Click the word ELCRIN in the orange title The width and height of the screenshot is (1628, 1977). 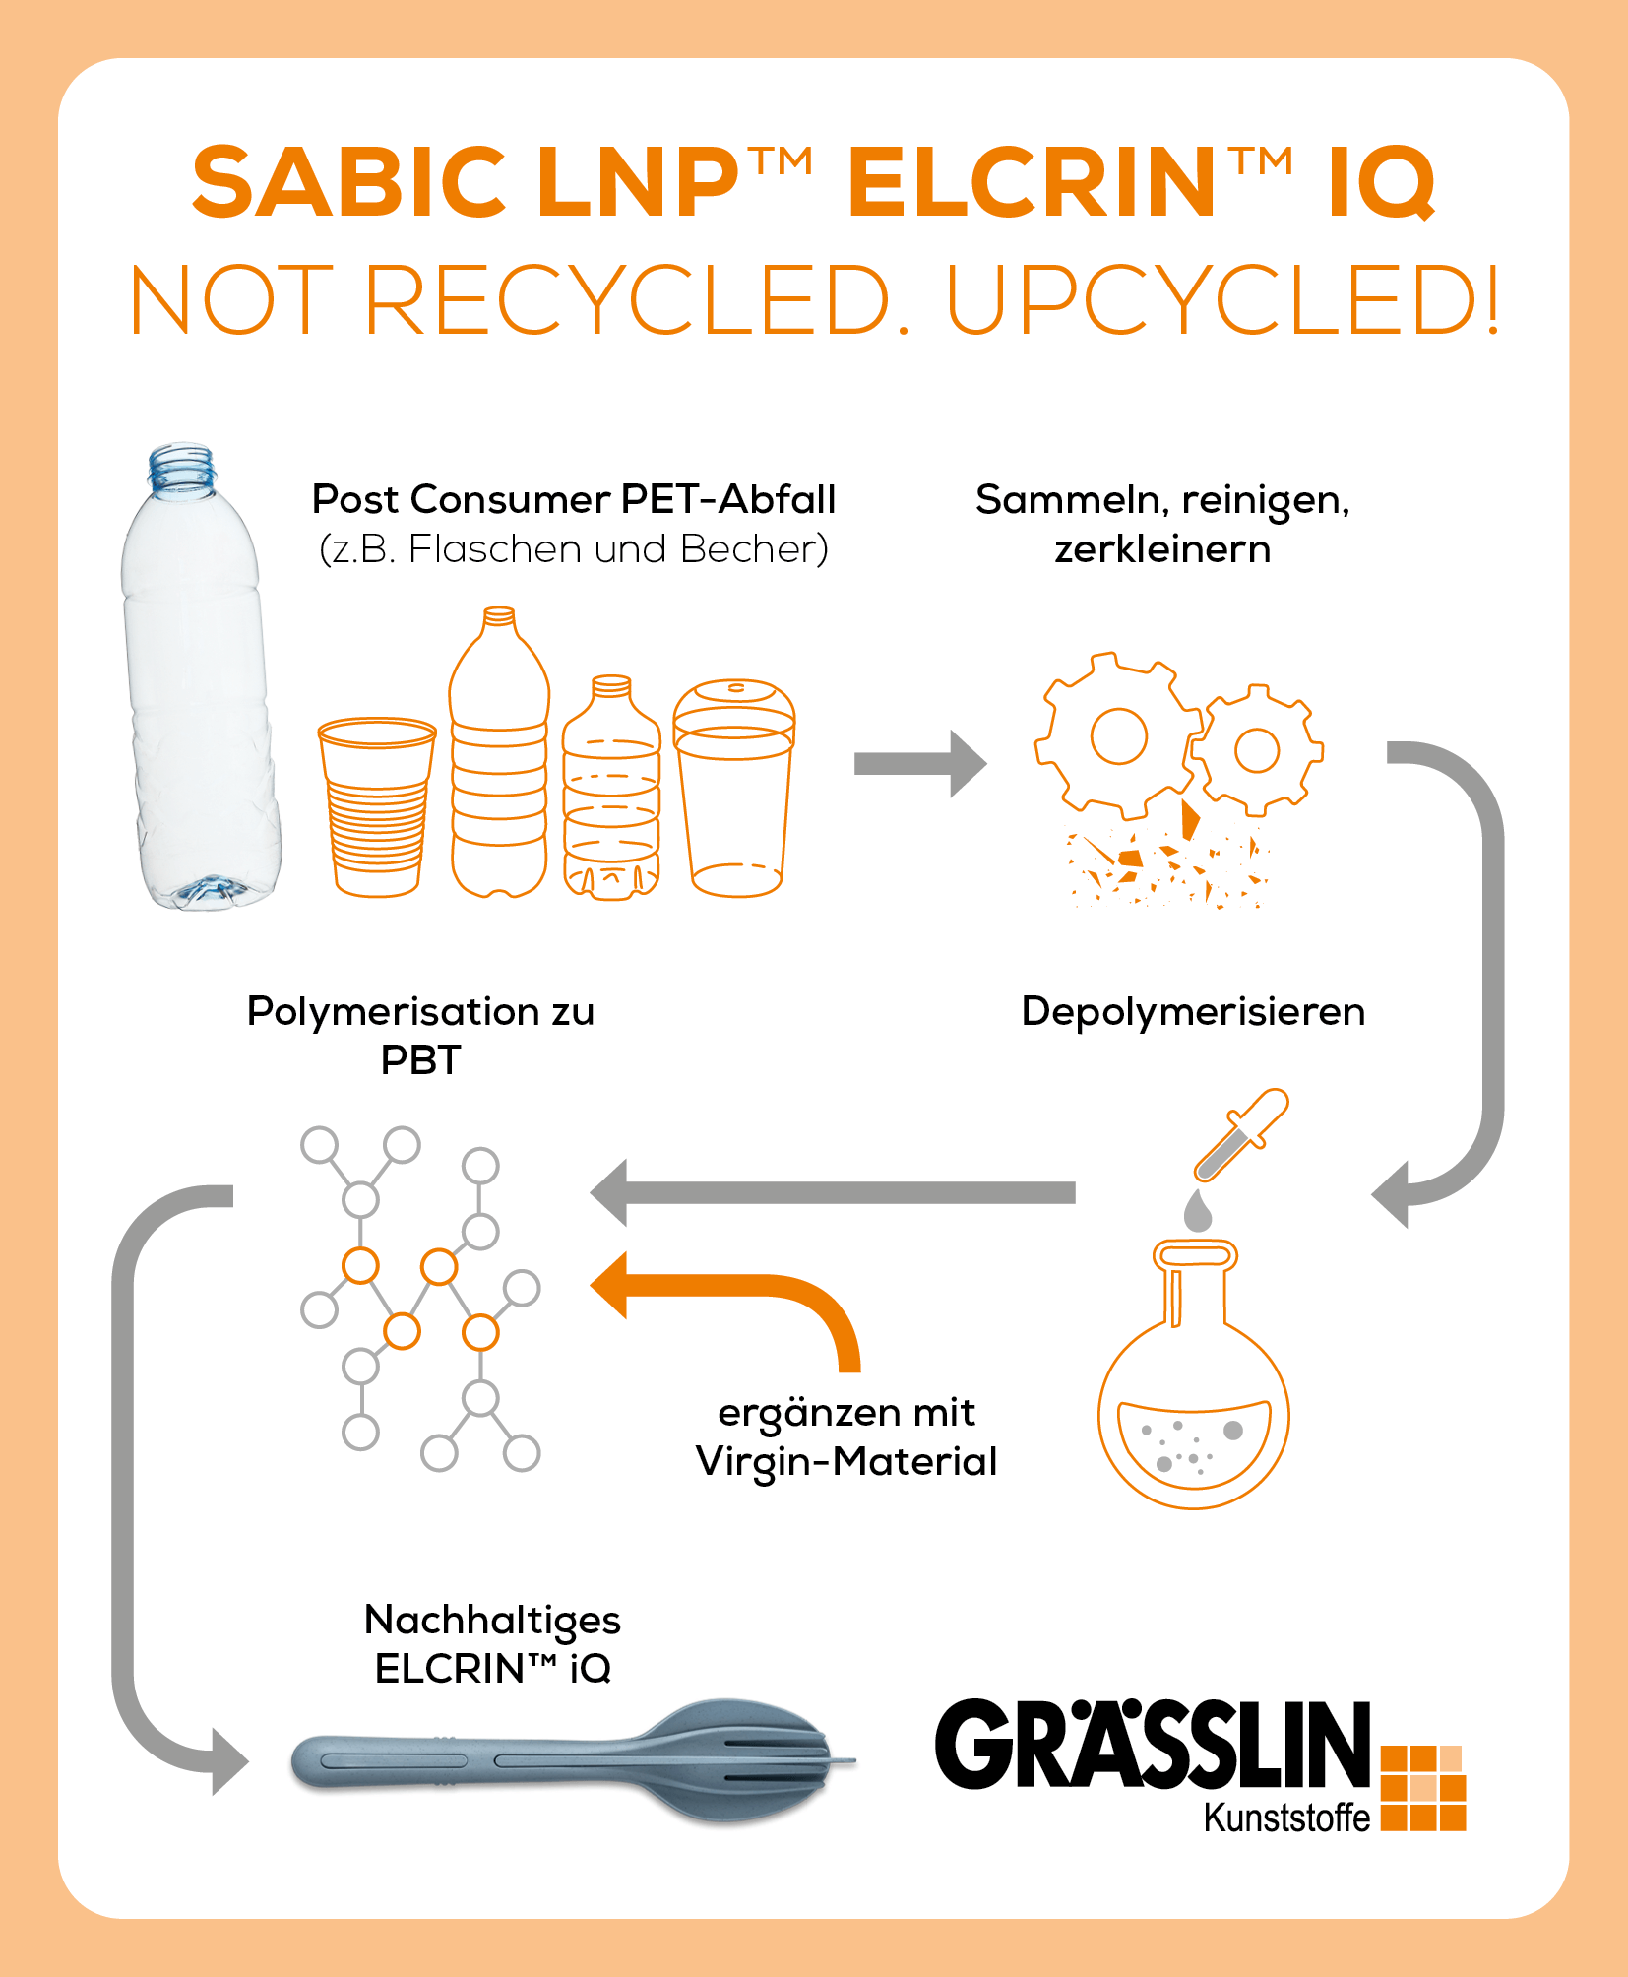pyautogui.click(x=1032, y=182)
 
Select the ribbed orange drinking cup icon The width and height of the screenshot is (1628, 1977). pyautogui.click(x=377, y=806)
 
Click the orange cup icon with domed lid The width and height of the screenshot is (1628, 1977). pyautogui.click(x=734, y=787)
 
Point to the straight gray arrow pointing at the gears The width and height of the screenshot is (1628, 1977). pyautogui.click(x=920, y=764)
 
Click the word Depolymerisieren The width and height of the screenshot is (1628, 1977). pyautogui.click(x=1193, y=1012)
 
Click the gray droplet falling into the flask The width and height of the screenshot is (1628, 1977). pyautogui.click(x=1198, y=1210)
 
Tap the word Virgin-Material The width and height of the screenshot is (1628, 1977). pyautogui.click(x=846, y=1461)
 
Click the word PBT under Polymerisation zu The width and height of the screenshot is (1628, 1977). pyautogui.click(x=420, y=1060)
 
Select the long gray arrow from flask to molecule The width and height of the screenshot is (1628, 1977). pyautogui.click(x=833, y=1193)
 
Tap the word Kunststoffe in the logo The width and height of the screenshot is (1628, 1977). pyautogui.click(x=1286, y=1818)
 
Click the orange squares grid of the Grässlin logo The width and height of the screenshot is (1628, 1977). pyautogui.click(x=1423, y=1788)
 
